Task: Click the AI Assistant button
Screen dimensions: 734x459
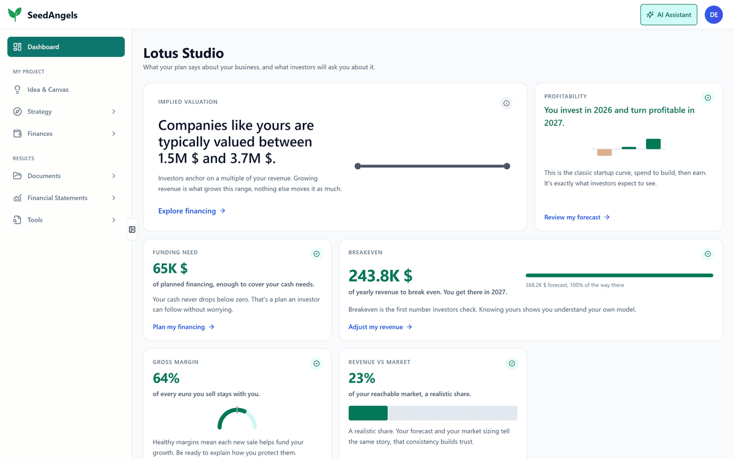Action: pos(669,15)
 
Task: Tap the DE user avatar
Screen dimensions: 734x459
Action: pos(714,15)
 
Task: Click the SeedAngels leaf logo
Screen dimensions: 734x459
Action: pos(15,15)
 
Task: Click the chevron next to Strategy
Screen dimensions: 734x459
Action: pos(114,111)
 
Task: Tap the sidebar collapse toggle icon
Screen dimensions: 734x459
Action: pos(132,229)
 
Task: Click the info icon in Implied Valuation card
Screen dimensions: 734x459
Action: pos(506,103)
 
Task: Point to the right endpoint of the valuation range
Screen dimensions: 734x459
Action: pos(507,166)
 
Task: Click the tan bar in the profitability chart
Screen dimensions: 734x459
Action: pos(604,152)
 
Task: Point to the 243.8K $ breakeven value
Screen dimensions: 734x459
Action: pos(380,275)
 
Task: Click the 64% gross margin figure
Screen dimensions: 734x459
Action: pos(166,378)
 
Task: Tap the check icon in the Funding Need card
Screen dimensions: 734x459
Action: pos(316,254)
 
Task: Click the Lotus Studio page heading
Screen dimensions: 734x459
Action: pos(183,53)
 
